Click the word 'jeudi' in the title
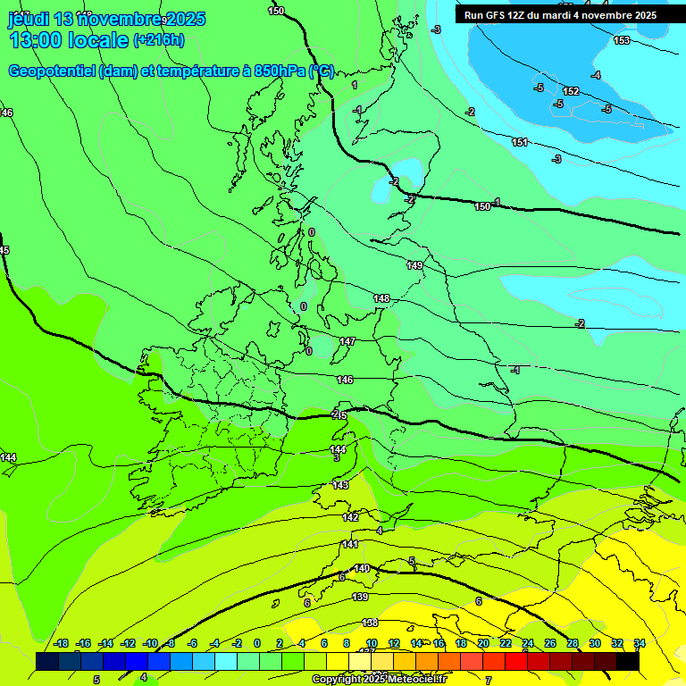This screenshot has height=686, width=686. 27,19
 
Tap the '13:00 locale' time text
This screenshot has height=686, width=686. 69,39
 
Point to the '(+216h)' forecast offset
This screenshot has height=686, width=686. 159,39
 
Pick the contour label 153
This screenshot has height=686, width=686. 622,40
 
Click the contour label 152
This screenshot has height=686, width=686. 571,91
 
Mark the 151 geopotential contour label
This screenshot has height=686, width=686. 519,142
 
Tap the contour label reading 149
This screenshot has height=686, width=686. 414,265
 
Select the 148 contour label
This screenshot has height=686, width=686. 381,298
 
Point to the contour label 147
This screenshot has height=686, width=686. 347,341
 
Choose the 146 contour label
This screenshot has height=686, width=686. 345,380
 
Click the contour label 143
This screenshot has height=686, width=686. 340,485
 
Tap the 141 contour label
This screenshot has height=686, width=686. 350,544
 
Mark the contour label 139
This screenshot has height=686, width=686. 360,597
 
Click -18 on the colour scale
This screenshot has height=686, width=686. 61,643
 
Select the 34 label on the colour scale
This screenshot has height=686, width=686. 639,643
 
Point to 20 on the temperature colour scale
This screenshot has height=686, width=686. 482,643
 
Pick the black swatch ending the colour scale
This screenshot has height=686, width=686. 628,661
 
